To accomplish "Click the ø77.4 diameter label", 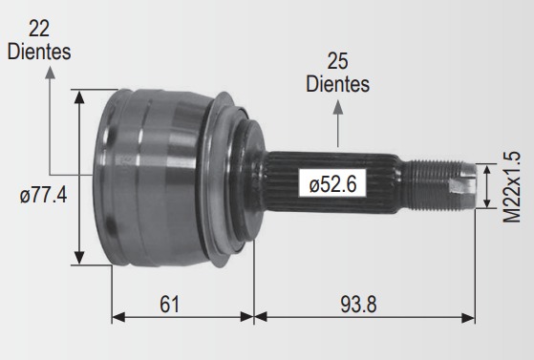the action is tap(43, 196).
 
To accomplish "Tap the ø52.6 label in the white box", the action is tap(332, 184).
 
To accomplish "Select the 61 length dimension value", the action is tap(169, 305).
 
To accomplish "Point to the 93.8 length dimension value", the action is tap(358, 305).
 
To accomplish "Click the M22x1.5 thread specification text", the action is tap(512, 186).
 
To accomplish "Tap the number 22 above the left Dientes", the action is tap(39, 29).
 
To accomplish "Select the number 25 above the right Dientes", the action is tap(337, 61).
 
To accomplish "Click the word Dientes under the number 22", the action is tap(39, 52).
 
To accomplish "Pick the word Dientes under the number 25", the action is tap(337, 84).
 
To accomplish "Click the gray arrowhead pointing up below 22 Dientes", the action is tap(50, 73).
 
